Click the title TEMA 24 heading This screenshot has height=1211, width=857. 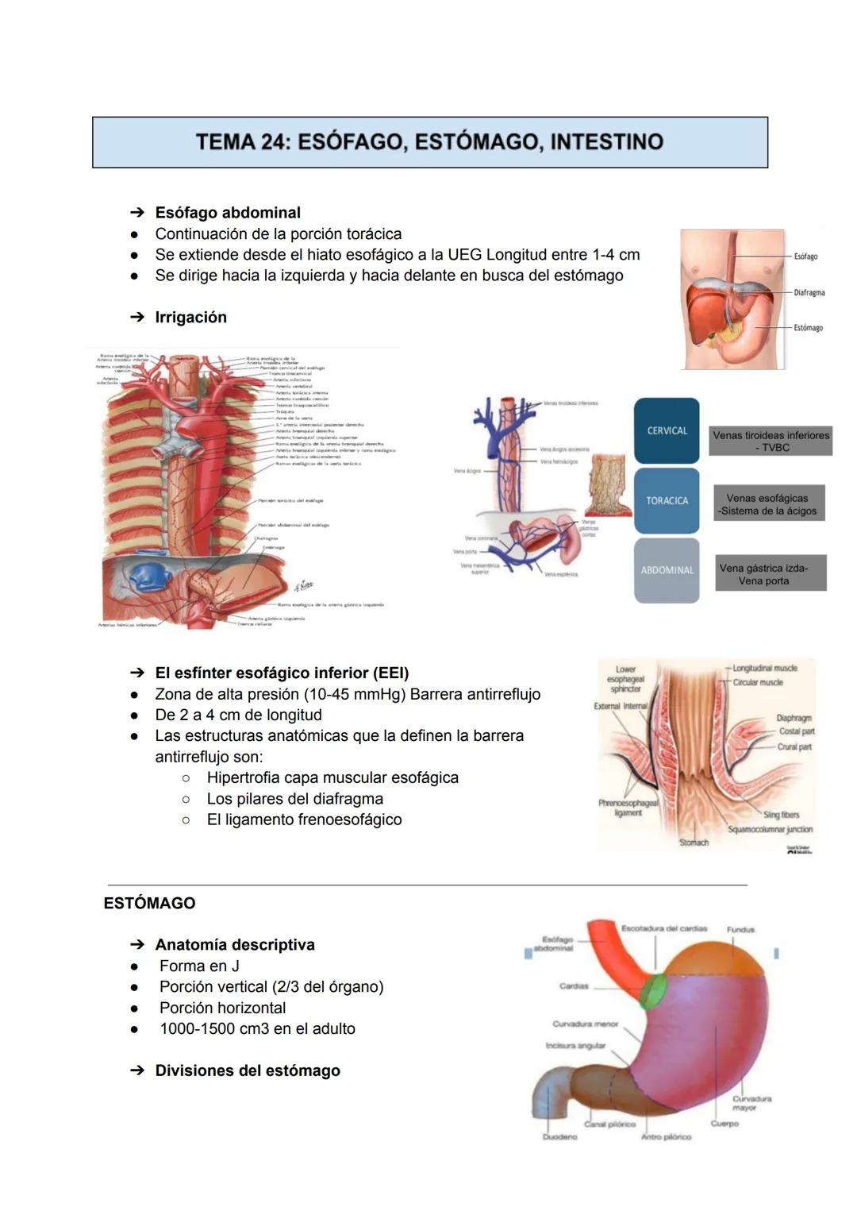coord(429,142)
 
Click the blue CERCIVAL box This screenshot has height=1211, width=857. coord(667,430)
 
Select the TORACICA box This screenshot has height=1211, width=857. coord(667,500)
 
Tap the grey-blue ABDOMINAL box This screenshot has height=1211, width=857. coord(667,570)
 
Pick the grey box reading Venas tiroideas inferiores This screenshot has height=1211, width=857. coord(771,441)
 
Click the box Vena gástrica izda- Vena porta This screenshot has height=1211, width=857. coord(770,573)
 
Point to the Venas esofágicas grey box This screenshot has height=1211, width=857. coord(768,504)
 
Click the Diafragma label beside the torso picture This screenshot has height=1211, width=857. coord(809,292)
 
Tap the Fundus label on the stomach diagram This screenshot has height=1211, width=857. coord(740,929)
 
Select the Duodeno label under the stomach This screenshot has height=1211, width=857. coord(559,1136)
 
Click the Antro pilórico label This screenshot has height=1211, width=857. coord(666,1136)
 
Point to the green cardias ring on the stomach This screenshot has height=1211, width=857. coord(655,993)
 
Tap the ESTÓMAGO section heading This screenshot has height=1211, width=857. coord(149,903)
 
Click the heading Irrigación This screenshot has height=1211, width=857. coord(190,317)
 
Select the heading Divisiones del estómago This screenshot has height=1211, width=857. coord(247,1070)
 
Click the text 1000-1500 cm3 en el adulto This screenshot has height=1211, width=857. coord(257,1028)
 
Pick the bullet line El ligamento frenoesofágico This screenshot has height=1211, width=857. coord(304,820)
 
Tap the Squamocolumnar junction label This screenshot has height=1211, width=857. coord(770,829)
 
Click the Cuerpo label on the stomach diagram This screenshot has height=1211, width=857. coord(724,1123)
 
